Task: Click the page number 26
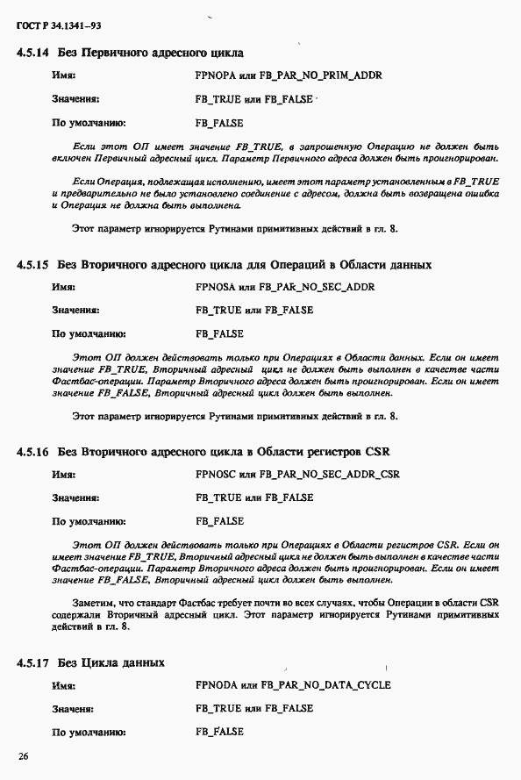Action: (24, 755)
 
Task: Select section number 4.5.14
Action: (32, 54)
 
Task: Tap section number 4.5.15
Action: (32, 264)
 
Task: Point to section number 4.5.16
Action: (32, 452)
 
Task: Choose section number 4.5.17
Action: (32, 662)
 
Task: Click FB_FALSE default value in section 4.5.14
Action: (219, 123)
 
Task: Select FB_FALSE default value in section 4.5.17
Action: (219, 732)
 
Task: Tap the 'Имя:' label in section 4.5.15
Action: (63, 287)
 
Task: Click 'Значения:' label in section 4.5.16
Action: (75, 498)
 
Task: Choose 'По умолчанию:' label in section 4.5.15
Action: (89, 334)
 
